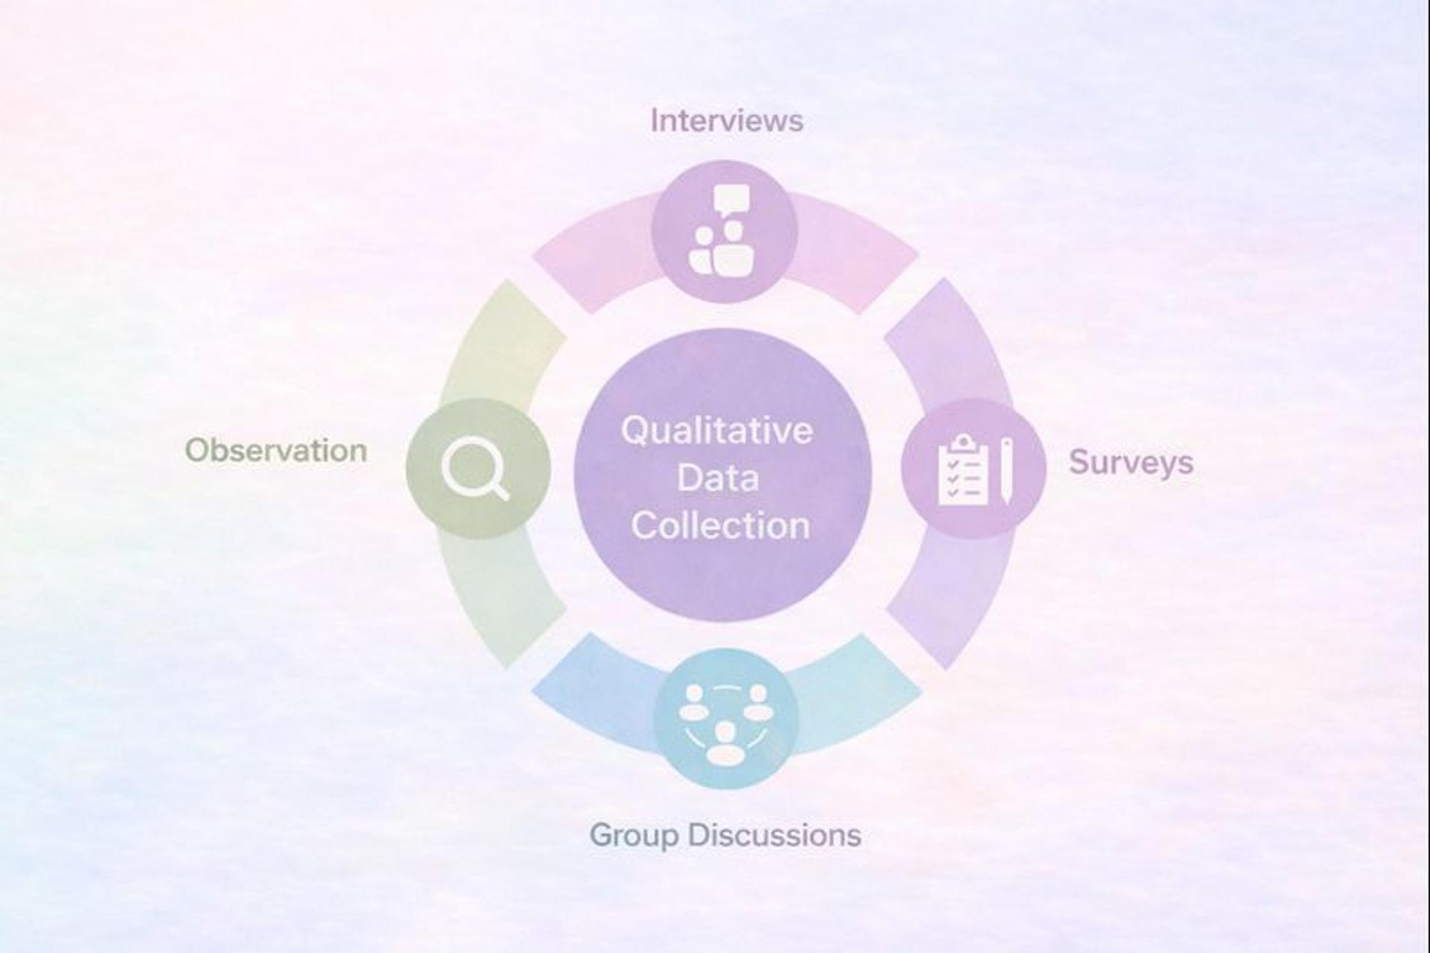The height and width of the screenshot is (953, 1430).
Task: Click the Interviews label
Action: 726,121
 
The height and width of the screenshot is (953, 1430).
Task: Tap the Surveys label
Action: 1131,463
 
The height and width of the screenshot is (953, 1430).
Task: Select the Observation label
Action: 276,451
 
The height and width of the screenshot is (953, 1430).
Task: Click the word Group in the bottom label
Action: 634,835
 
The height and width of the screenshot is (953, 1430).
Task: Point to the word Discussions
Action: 775,835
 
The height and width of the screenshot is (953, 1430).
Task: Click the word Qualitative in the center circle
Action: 716,431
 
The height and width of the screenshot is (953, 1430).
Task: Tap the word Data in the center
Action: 718,478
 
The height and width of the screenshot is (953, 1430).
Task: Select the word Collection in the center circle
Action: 720,525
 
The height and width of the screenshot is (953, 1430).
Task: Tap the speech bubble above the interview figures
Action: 731,200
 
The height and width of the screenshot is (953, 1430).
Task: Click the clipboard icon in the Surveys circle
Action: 963,472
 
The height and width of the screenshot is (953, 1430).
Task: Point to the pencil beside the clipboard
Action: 1006,471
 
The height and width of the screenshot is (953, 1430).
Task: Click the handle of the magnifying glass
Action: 500,490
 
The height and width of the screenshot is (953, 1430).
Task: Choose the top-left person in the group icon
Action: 694,703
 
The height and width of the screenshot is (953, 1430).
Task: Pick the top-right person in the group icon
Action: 757,703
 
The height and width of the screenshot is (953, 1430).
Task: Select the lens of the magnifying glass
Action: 467,464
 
